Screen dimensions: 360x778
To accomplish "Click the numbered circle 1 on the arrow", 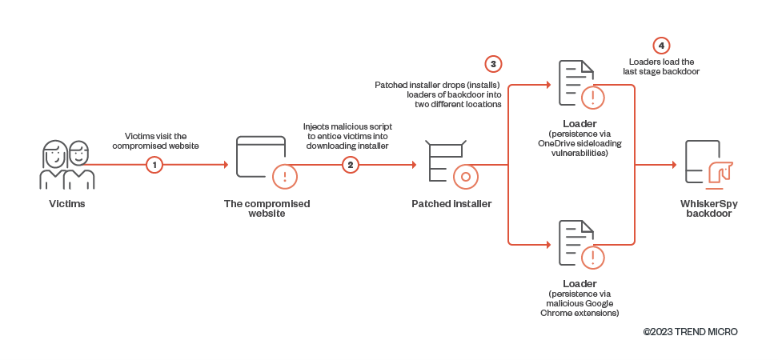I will click(x=155, y=165).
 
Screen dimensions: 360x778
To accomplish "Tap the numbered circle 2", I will click(x=350, y=165).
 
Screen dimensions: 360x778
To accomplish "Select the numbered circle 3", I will click(x=493, y=63).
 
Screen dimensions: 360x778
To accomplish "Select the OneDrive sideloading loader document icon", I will click(x=576, y=84).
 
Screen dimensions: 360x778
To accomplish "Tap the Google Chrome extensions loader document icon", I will click(x=576, y=244).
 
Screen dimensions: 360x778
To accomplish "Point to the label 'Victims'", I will click(x=66, y=204).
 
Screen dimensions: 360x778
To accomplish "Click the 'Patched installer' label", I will click(x=451, y=204).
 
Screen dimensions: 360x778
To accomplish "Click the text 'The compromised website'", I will click(x=267, y=209).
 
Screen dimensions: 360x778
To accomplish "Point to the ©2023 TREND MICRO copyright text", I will click(x=690, y=331).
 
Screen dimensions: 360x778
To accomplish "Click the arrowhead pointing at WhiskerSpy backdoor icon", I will click(x=672, y=165).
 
